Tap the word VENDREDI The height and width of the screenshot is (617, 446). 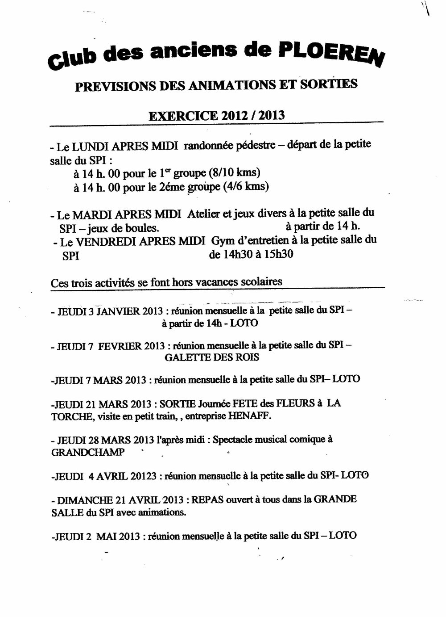(103, 242)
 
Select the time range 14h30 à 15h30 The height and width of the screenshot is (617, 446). (251, 255)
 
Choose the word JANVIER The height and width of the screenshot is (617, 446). (119, 311)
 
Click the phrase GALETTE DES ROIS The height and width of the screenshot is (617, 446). (212, 357)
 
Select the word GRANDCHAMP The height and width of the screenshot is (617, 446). (88, 452)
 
